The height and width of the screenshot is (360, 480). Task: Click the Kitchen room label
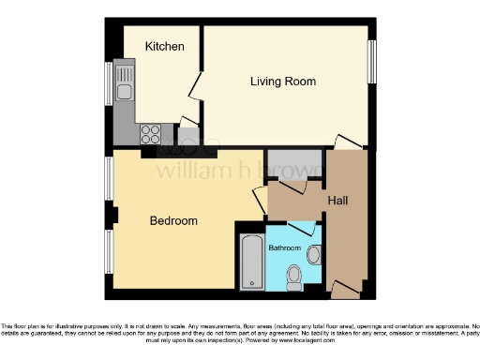click(x=164, y=46)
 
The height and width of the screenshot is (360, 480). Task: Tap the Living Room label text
click(x=282, y=82)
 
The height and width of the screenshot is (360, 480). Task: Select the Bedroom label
click(x=173, y=220)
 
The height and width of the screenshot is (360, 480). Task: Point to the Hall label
click(x=338, y=200)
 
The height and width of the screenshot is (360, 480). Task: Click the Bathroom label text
click(x=285, y=248)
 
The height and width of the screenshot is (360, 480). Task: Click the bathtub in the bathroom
click(x=251, y=262)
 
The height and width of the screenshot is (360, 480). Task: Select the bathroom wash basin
click(x=313, y=253)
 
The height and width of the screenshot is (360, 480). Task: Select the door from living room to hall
click(x=349, y=142)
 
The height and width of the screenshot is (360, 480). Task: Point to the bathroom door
click(x=302, y=227)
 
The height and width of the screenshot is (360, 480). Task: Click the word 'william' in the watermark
click(x=188, y=171)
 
